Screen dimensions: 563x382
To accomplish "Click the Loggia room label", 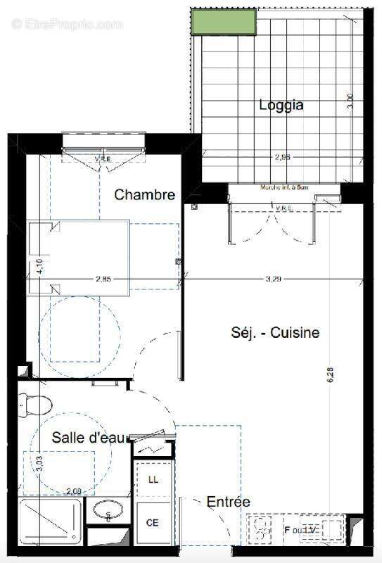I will (x=281, y=106).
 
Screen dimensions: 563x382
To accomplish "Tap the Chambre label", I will (x=145, y=195).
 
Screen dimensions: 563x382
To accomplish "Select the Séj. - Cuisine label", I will (x=275, y=332).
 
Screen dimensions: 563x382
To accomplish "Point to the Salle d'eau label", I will (x=89, y=438).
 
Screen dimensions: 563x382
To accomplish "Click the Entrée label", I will (x=228, y=502).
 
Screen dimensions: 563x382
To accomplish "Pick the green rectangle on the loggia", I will (x=224, y=22).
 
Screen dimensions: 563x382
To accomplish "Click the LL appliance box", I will (x=153, y=479).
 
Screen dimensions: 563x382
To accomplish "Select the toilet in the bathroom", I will (x=34, y=404).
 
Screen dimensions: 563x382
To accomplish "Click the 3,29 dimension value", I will (x=273, y=279).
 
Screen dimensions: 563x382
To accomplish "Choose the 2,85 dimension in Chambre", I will (x=103, y=279).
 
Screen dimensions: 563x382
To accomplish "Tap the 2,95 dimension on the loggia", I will (x=283, y=158).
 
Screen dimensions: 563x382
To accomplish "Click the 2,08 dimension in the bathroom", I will (x=75, y=491).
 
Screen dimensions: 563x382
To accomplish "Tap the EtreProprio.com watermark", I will (x=67, y=24).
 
